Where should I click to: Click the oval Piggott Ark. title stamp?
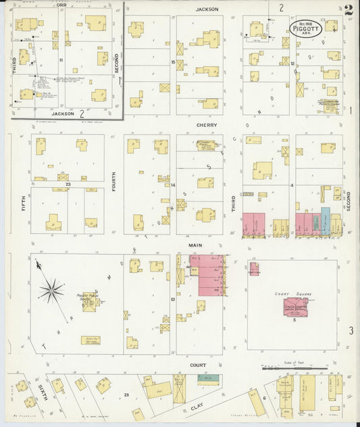point(306,28)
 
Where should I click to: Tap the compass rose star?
point(51,291)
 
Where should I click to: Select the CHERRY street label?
point(206,126)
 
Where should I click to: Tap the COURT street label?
point(198,365)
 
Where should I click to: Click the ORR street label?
point(61,5)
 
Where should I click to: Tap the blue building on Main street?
point(325,221)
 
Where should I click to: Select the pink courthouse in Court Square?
point(294,307)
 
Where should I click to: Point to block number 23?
point(68,184)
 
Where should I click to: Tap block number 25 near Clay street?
point(126,393)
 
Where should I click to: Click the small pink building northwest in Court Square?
point(254,268)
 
